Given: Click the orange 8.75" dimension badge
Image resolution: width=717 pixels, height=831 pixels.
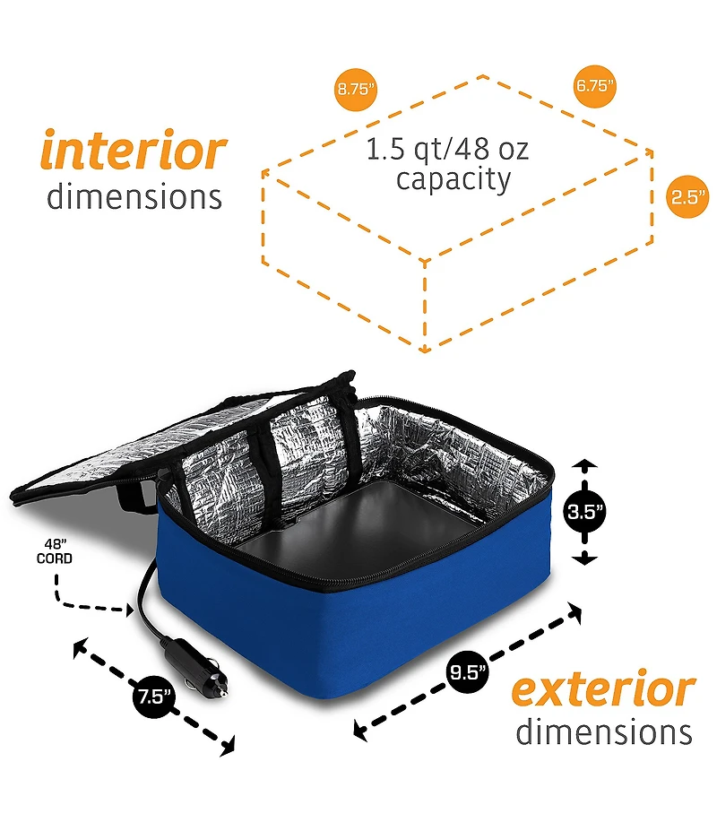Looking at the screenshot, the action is pyautogui.click(x=355, y=89).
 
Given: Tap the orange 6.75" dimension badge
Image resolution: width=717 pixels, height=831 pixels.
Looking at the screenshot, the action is pyautogui.click(x=594, y=85).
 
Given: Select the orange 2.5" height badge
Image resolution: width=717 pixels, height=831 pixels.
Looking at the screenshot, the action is pyautogui.click(x=687, y=196).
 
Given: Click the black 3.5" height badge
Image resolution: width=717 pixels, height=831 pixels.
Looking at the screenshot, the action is pyautogui.click(x=584, y=512).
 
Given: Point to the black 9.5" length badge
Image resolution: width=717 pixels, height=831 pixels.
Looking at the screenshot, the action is pyautogui.click(x=467, y=672).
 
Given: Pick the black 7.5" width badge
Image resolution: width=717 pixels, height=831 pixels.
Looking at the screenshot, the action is pyautogui.click(x=153, y=696).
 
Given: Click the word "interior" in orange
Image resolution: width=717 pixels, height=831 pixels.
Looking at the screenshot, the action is pyautogui.click(x=134, y=150).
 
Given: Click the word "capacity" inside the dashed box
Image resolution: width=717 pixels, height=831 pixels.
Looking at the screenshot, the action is pyautogui.click(x=454, y=180).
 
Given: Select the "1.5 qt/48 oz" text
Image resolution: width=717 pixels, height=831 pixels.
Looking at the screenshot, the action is pyautogui.click(x=447, y=149).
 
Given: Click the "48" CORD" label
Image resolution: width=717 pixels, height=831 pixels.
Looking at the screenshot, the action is pyautogui.click(x=55, y=551).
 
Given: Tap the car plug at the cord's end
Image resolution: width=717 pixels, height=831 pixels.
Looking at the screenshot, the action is pyautogui.click(x=195, y=667).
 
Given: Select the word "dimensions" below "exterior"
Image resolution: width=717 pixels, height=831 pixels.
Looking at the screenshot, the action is pyautogui.click(x=604, y=731).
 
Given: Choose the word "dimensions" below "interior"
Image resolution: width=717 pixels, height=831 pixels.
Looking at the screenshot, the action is pyautogui.click(x=134, y=196).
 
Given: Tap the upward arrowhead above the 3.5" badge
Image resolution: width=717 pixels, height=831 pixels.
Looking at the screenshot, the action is pyautogui.click(x=584, y=464).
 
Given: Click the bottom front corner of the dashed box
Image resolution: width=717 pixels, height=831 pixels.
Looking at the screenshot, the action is pyautogui.click(x=424, y=350).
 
